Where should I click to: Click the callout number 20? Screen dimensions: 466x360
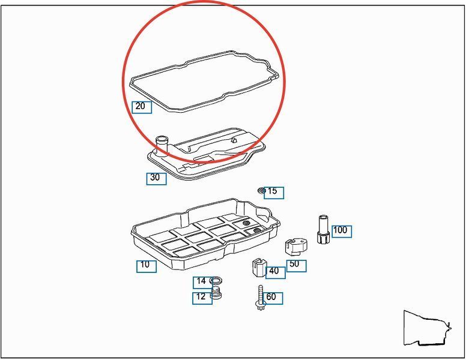[x=140, y=106]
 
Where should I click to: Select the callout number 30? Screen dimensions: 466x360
[x=155, y=178]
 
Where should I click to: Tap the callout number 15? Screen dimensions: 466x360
[x=272, y=191]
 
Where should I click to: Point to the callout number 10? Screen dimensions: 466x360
[x=145, y=264]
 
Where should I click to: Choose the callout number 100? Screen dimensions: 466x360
[x=340, y=230]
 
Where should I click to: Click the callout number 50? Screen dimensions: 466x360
[x=294, y=264]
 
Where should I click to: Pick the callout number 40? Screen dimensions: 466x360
[x=274, y=271]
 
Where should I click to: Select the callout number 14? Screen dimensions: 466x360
[x=201, y=281]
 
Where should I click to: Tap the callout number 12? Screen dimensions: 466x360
[x=201, y=296]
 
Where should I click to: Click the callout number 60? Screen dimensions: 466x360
[x=271, y=296]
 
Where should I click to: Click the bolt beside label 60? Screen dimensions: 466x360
[x=261, y=298]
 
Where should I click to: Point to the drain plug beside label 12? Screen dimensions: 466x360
[x=217, y=293]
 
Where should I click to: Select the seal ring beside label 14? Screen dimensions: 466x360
[x=216, y=280]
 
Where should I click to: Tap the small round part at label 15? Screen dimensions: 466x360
[x=262, y=190]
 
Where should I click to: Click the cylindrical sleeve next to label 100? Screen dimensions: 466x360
[x=323, y=229]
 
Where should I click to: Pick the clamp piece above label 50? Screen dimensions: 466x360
[x=296, y=246]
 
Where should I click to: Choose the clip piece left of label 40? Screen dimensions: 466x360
[x=259, y=267]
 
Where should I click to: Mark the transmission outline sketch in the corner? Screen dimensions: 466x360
[x=428, y=328]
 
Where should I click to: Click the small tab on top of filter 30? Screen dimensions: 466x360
[x=234, y=140]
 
